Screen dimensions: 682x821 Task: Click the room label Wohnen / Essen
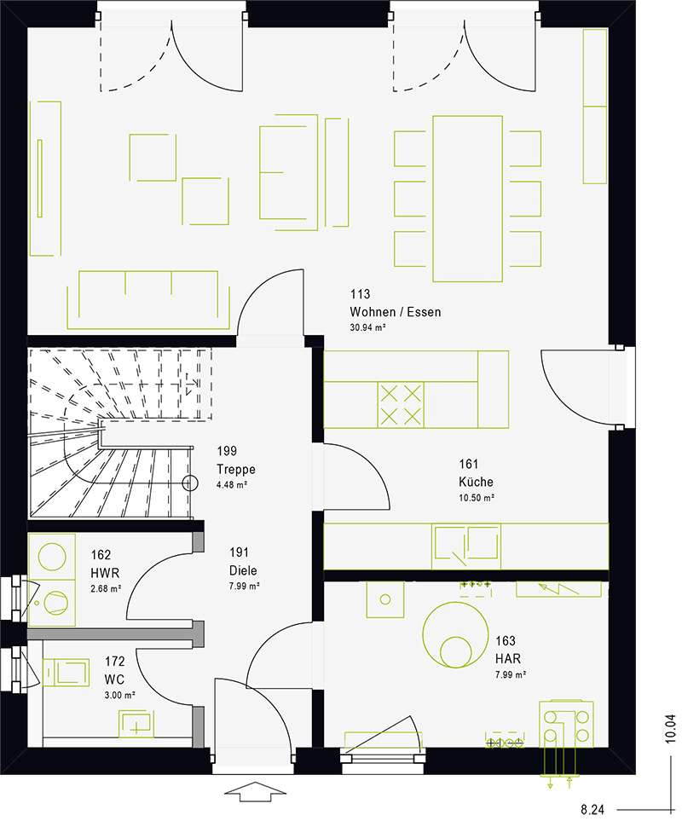pyautogui.click(x=396, y=312)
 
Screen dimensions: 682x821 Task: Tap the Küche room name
pyautogui.click(x=476, y=482)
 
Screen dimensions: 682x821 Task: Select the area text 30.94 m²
pyautogui.click(x=367, y=327)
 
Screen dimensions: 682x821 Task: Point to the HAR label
pyautogui.click(x=508, y=658)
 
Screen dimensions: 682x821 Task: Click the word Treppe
pyautogui.click(x=236, y=469)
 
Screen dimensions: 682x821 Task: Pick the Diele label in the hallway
pyautogui.click(x=243, y=570)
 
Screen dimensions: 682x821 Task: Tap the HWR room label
pyautogui.click(x=105, y=573)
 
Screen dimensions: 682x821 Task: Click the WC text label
pyautogui.click(x=114, y=679)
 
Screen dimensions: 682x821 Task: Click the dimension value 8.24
pyautogui.click(x=592, y=810)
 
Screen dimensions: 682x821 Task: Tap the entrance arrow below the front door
pyautogui.click(x=255, y=795)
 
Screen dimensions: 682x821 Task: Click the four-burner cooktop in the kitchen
pyautogui.click(x=401, y=404)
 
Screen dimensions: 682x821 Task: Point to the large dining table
pyautogui.click(x=467, y=199)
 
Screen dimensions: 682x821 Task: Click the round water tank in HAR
pyautogui.click(x=455, y=635)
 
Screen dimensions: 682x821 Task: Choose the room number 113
pyautogui.click(x=360, y=294)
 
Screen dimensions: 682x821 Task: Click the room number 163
pyautogui.click(x=506, y=640)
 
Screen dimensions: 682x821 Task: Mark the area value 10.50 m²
pyautogui.click(x=477, y=497)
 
